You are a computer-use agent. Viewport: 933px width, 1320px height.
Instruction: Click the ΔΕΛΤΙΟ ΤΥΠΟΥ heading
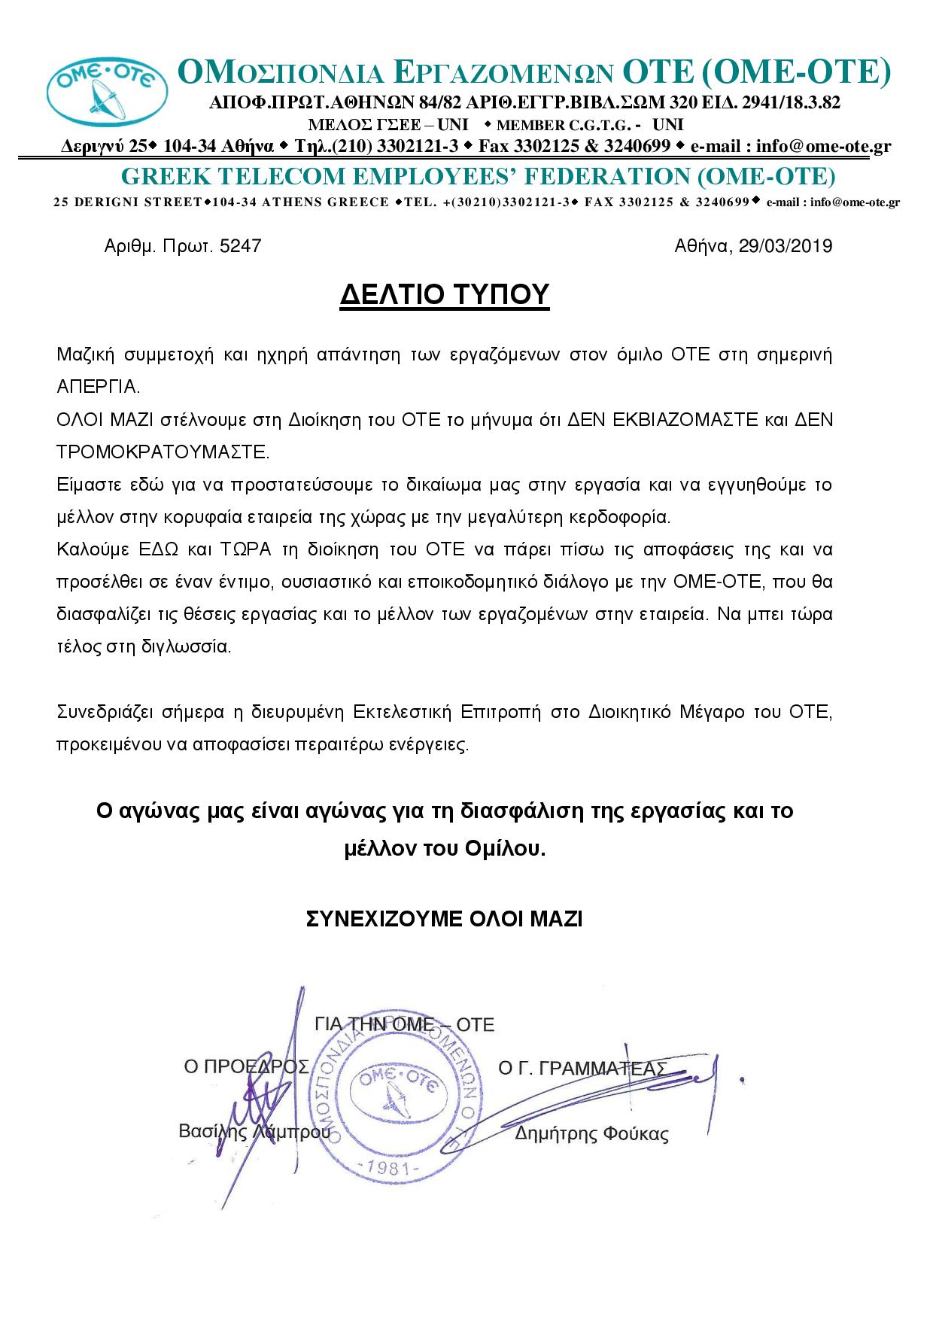click(445, 294)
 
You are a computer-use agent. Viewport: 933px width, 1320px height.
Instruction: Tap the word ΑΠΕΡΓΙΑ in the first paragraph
click(98, 388)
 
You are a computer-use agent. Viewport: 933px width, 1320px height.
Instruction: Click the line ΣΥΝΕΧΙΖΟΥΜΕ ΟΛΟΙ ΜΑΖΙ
click(445, 919)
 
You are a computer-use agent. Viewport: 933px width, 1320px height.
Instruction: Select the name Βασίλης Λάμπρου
click(254, 1131)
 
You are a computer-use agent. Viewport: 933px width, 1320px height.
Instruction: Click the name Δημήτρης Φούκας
click(591, 1134)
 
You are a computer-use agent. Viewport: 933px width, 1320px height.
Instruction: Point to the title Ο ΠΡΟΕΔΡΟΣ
click(246, 1066)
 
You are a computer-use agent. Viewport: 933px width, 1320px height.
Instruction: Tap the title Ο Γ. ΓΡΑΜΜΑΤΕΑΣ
click(582, 1069)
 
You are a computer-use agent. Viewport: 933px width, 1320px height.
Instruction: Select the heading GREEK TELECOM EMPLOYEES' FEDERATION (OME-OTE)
click(479, 176)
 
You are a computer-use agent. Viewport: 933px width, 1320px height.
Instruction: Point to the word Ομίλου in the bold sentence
click(503, 849)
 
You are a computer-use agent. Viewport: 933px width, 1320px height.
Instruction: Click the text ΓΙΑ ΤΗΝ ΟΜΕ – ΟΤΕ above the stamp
click(404, 1024)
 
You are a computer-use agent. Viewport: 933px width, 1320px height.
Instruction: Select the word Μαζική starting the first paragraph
click(84, 354)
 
